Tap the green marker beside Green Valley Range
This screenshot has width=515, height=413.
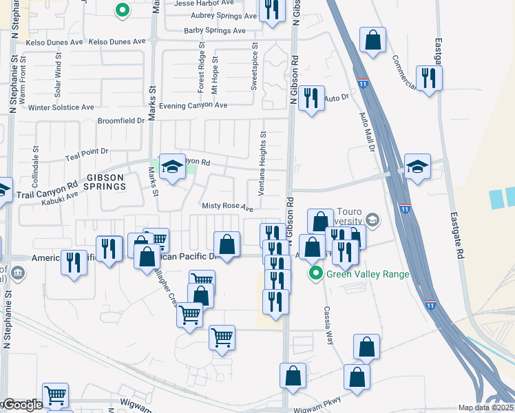tap(316, 274)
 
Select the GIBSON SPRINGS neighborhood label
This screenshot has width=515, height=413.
tap(105, 182)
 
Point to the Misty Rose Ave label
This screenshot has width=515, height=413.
tap(227, 207)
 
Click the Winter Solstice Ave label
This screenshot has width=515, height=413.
tap(61, 107)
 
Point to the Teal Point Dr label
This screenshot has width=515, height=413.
tap(87, 151)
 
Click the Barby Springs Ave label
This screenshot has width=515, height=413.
tap(214, 31)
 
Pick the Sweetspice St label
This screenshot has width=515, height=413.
tap(254, 68)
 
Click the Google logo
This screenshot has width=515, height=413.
tap(22, 405)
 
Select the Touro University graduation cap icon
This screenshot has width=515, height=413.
tap(372, 220)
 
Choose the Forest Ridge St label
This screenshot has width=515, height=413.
tap(202, 68)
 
